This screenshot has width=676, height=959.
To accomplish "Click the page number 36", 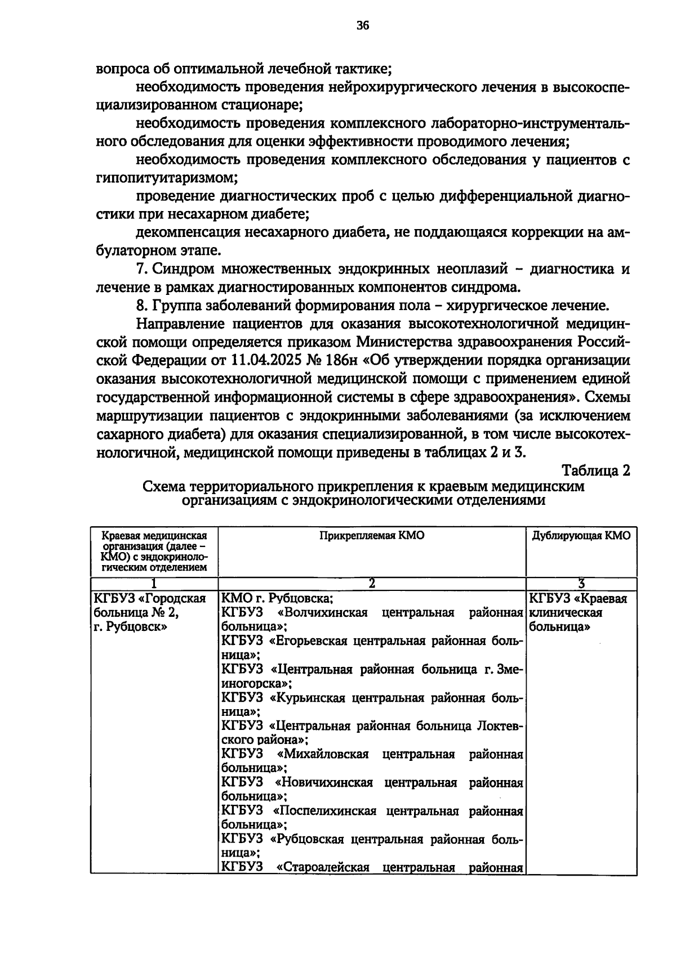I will [x=362, y=25].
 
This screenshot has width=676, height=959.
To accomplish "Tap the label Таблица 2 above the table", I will [x=596, y=470].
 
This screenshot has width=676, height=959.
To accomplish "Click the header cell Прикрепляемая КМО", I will [x=372, y=536].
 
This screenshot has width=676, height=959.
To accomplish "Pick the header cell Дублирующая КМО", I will [x=581, y=536].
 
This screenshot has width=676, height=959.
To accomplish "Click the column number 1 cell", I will [x=153, y=584].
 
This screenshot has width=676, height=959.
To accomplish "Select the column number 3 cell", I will [x=581, y=584].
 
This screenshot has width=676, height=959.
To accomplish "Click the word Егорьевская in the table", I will [x=311, y=641].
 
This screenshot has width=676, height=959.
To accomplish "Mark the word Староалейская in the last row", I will [x=323, y=867].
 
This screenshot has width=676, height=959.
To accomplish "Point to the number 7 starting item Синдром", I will [x=140, y=269].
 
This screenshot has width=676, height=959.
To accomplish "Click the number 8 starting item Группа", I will [x=140, y=306].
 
